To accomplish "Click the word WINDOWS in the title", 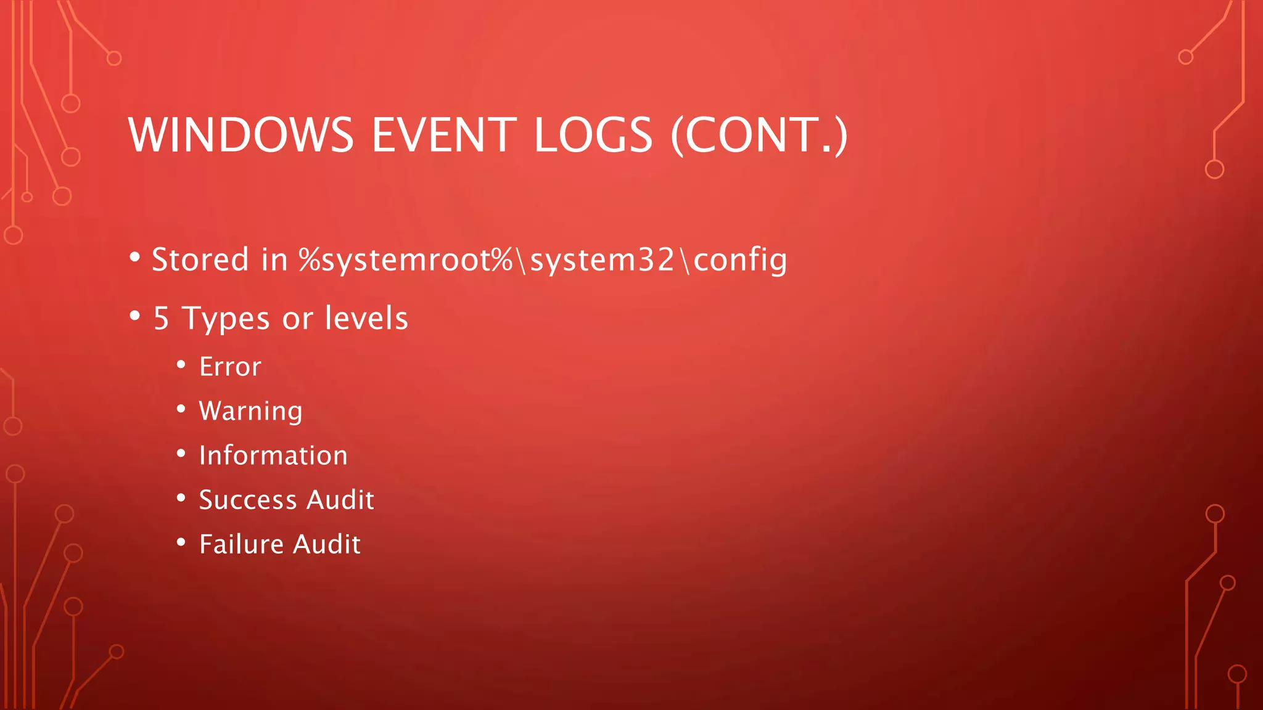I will [241, 135].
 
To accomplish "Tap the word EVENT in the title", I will [444, 135].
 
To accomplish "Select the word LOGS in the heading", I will [593, 135].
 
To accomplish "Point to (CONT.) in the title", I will [759, 135].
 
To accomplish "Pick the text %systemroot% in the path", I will [406, 259].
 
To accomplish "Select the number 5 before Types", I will [161, 319].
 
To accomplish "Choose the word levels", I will [366, 318].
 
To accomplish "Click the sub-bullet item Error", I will [230, 367].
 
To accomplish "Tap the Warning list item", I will [250, 412].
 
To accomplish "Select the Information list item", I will [273, 455].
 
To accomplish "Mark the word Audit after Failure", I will [327, 544].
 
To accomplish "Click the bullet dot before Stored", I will [135, 256].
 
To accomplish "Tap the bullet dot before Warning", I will [181, 409].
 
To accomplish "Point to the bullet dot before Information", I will [181, 453].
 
